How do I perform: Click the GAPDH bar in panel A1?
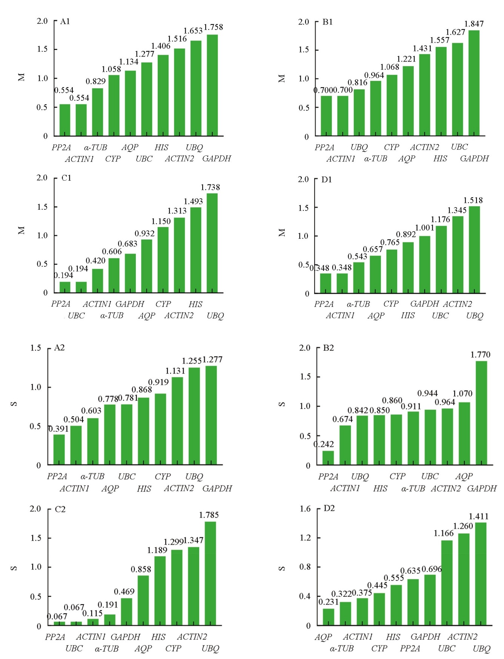(x=212, y=85)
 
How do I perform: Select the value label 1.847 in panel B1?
(x=474, y=24)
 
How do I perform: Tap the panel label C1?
(x=66, y=178)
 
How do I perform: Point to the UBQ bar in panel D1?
(x=474, y=249)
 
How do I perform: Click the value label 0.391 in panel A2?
(x=58, y=429)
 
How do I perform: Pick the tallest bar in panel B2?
(x=481, y=413)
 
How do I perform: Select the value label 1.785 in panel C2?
(x=209, y=515)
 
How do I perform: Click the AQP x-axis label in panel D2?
(x=323, y=637)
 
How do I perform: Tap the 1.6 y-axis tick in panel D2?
(x=305, y=508)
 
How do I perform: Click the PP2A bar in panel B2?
(x=328, y=458)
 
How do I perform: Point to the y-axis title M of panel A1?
(x=22, y=77)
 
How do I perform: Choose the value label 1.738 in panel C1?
(x=210, y=187)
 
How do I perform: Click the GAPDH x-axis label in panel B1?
(x=474, y=158)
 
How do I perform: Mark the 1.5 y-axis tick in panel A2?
(x=36, y=348)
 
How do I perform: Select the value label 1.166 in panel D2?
(x=444, y=533)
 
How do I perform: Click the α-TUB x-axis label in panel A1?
(x=95, y=147)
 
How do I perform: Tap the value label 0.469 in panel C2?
(x=124, y=591)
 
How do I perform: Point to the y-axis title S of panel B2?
(x=281, y=404)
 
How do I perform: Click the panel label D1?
(x=326, y=180)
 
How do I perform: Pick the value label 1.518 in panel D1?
(x=473, y=200)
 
